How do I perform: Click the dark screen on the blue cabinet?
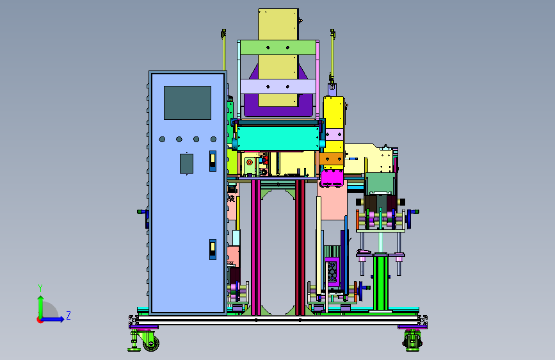[x=188, y=102]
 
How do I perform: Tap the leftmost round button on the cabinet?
[x=162, y=139]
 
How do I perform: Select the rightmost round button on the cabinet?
[x=213, y=139]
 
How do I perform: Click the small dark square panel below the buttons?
[x=186, y=163]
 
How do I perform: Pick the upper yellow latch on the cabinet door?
[x=213, y=161]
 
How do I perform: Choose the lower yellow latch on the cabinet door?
[x=213, y=249]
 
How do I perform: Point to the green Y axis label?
[x=40, y=288]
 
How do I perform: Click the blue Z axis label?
[x=68, y=315]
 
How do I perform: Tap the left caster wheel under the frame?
[x=151, y=342]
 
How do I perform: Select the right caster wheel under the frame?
[x=413, y=341]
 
